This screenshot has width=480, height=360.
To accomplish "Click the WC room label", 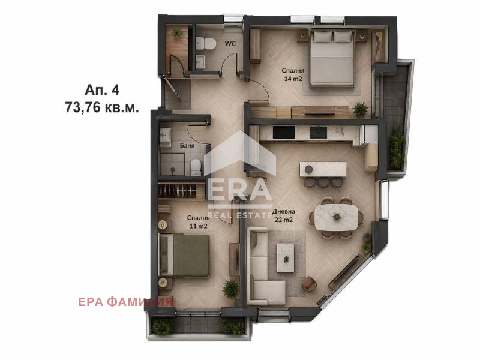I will pos(230,43).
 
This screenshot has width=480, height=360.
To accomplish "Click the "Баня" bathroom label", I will pos(187,145).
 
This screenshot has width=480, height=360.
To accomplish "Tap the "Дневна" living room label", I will pos(283,211).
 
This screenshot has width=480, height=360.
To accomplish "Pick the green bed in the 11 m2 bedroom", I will pos(184,255).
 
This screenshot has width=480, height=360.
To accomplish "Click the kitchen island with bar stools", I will pos(322,170).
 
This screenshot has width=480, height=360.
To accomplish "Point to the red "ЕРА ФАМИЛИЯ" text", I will pos(125,301).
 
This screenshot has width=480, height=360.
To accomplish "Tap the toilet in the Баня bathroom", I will pos(195,166).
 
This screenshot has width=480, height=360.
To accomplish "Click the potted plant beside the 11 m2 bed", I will pos(230,288).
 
